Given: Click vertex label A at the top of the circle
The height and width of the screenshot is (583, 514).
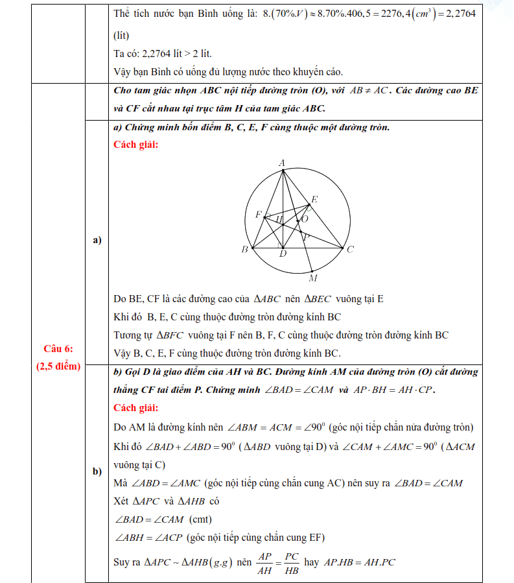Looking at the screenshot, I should [x=282, y=163].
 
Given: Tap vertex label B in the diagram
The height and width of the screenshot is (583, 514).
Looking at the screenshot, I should [x=244, y=249].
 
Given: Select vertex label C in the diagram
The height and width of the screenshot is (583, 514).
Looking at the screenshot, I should [x=350, y=249].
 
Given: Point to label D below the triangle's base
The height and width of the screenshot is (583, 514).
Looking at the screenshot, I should [x=283, y=254].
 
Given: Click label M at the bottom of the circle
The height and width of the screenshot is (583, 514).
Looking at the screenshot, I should [x=313, y=278].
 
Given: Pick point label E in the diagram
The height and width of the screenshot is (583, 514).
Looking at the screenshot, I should [x=314, y=199].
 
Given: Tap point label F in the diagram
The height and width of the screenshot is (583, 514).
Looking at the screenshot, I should [x=259, y=214].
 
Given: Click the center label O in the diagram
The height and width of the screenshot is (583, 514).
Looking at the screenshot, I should [x=304, y=220].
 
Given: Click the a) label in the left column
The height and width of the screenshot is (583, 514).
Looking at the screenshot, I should [x=98, y=240].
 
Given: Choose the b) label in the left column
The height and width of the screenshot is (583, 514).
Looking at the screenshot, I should [x=98, y=471].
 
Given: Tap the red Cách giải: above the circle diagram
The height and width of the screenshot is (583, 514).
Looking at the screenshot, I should [x=135, y=145].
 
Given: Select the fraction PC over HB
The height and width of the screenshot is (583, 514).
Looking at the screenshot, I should [x=292, y=562].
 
